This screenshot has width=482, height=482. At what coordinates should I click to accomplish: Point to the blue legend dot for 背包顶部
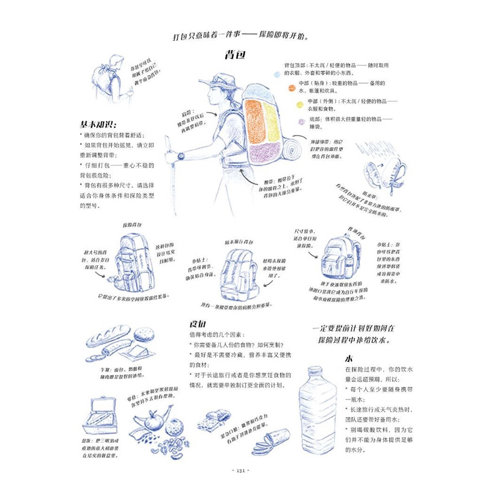pyautogui.click(x=277, y=74)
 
